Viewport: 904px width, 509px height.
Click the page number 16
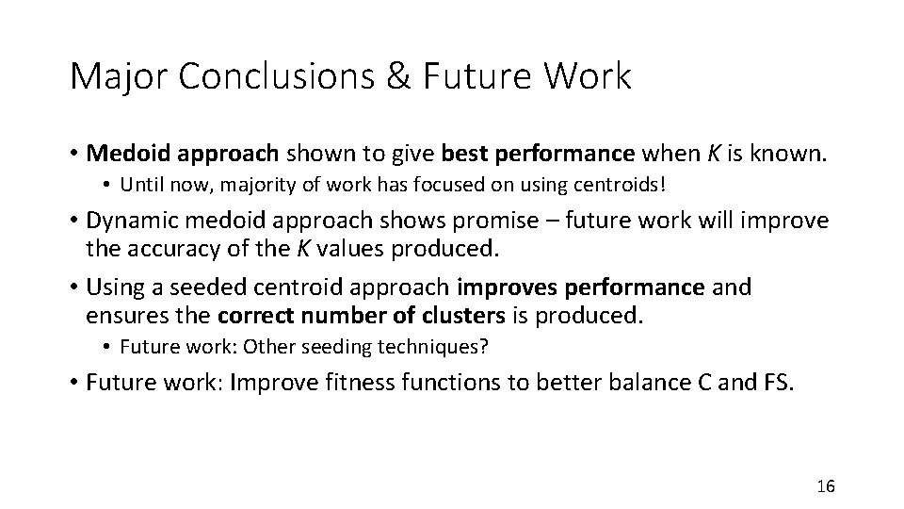point(826,486)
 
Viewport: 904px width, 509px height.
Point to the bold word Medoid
point(122,152)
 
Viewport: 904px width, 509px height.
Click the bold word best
point(463,152)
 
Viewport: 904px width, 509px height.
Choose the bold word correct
point(252,314)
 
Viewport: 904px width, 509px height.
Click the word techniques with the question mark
point(444,346)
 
